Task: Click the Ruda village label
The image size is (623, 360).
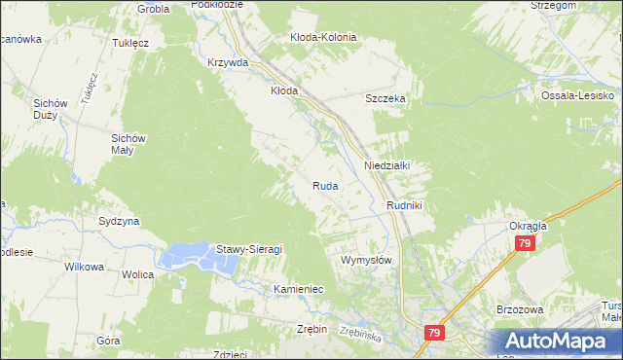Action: pos(325,185)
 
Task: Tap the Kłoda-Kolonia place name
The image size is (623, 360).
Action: pos(323,37)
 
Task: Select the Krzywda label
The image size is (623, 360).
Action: pos(228,61)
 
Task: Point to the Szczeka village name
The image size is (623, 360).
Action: pos(385,99)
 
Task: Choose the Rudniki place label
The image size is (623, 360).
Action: pos(403,205)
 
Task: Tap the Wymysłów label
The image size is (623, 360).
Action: pos(366,261)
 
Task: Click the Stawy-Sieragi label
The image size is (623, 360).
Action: pos(249,249)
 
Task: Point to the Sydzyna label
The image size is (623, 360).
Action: pos(119,221)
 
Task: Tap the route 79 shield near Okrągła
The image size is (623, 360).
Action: pos(525,243)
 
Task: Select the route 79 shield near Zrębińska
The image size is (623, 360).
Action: pos(434,334)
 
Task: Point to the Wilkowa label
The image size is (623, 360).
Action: pos(83,266)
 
